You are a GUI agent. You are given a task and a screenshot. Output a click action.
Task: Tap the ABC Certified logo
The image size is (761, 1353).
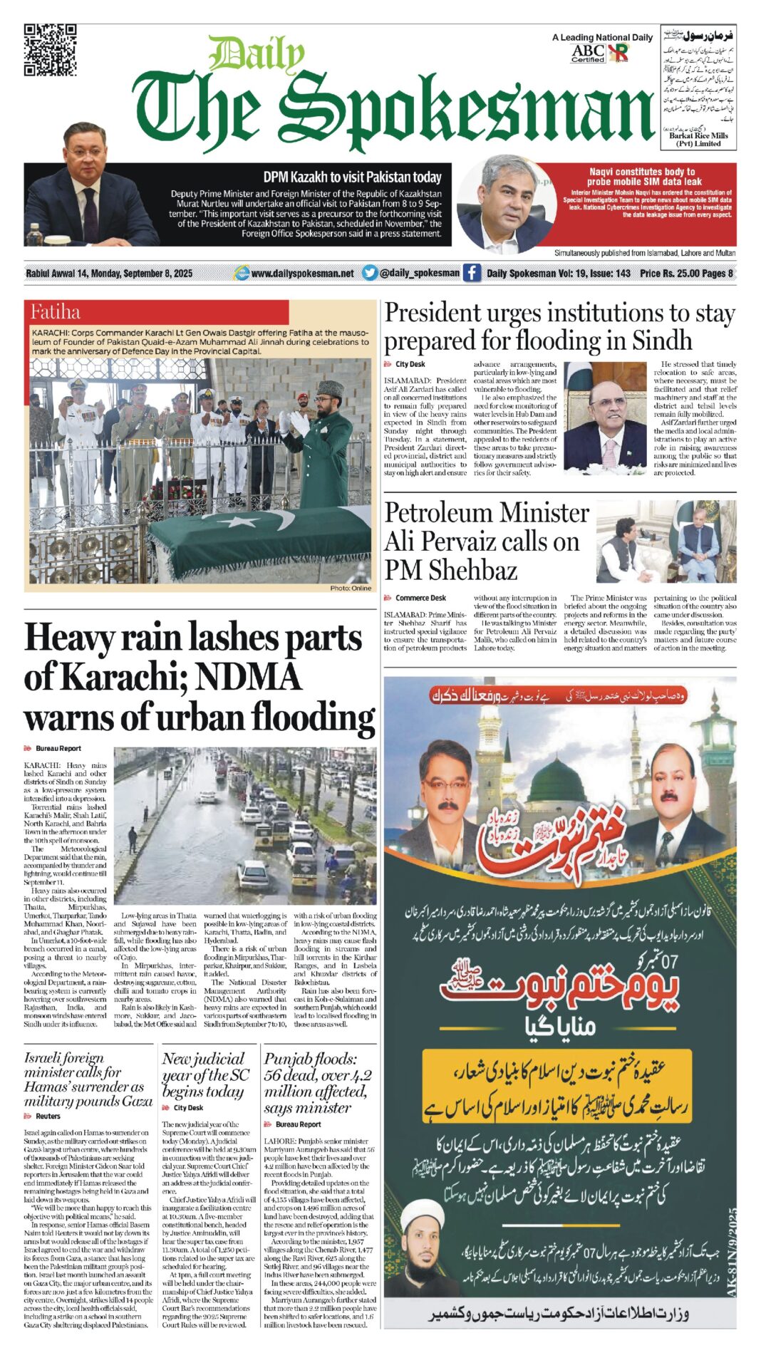(588, 53)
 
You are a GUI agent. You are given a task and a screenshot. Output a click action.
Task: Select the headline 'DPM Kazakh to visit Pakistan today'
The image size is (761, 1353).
(352, 177)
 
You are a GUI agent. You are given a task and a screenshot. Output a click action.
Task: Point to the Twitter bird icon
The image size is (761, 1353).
(369, 272)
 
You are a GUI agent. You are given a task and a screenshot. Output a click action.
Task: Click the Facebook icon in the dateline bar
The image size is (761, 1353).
(472, 272)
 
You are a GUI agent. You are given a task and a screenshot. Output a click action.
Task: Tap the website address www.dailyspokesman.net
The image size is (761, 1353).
(302, 273)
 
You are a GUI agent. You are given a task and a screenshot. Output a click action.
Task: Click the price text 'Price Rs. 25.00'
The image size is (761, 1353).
(671, 273)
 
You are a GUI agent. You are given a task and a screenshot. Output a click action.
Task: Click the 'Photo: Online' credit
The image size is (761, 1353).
(351, 588)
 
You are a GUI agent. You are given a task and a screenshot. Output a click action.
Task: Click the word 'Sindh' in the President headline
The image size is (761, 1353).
(662, 341)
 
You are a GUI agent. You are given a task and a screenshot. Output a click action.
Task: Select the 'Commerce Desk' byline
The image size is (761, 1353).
(420, 598)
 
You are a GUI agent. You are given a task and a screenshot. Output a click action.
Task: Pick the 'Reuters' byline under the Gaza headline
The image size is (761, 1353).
(48, 1116)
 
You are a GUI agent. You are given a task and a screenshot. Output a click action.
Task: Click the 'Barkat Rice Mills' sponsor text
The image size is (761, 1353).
(698, 135)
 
